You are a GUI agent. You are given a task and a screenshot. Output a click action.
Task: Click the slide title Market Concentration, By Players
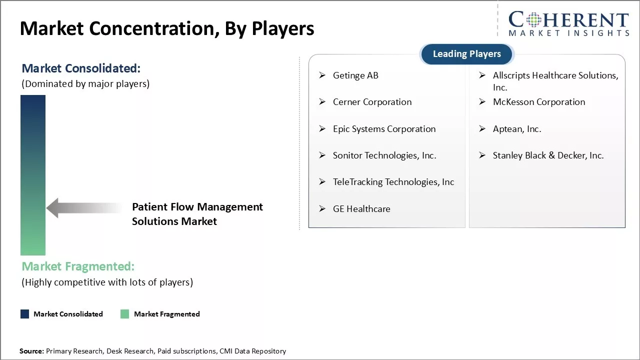pyautogui.click(x=167, y=28)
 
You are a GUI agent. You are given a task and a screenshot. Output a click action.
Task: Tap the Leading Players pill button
pyautogui.click(x=466, y=54)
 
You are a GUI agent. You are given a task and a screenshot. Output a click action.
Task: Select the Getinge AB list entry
pyautogui.click(x=355, y=75)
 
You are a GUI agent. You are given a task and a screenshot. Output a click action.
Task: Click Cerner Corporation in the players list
pyautogui.click(x=372, y=102)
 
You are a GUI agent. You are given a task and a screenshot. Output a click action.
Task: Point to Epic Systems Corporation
pyautogui.click(x=384, y=129)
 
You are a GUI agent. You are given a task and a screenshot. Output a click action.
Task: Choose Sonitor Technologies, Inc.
pyautogui.click(x=384, y=155)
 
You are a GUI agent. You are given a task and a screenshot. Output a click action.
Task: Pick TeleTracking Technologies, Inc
pyautogui.click(x=393, y=182)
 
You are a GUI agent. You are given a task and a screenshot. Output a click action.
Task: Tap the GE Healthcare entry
pyautogui.click(x=361, y=209)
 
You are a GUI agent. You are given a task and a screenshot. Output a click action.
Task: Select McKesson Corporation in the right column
pyautogui.click(x=538, y=102)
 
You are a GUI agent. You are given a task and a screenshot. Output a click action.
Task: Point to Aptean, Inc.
pyautogui.click(x=516, y=129)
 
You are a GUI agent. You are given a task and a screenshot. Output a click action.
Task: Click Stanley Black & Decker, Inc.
pyautogui.click(x=548, y=155)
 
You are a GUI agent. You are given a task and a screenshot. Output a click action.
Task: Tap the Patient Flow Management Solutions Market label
pyautogui.click(x=197, y=214)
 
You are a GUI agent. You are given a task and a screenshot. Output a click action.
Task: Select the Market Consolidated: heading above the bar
pyautogui.click(x=81, y=68)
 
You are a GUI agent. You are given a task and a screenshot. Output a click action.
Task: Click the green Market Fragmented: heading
pyautogui.click(x=78, y=266)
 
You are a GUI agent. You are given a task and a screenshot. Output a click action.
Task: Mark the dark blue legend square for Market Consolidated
pyautogui.click(x=24, y=314)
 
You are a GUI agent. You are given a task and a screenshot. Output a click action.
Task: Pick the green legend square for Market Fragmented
pyautogui.click(x=125, y=314)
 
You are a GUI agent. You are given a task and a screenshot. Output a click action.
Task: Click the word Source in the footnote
pyautogui.click(x=31, y=351)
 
